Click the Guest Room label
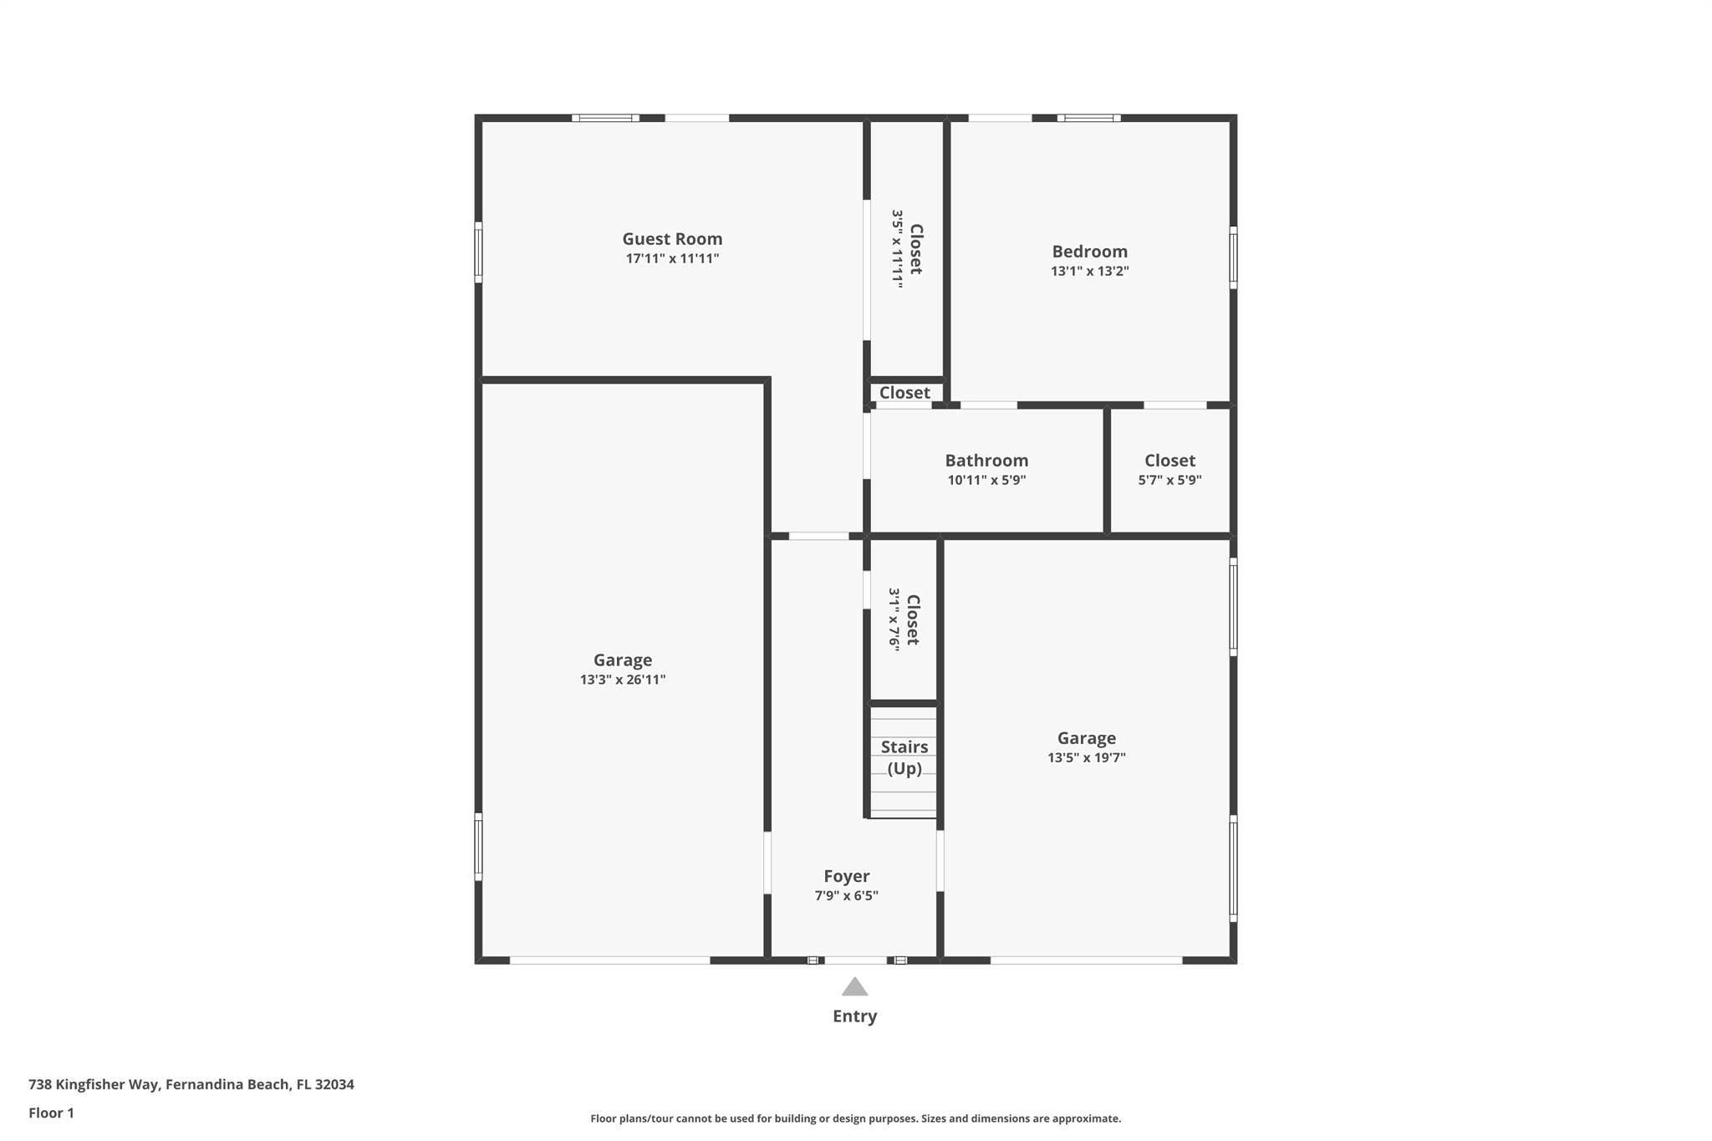(x=672, y=239)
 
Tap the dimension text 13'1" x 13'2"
(x=1089, y=271)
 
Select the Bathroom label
(x=986, y=461)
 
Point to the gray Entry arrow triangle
(x=854, y=988)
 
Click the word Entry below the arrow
(x=854, y=1016)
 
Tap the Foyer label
(x=846, y=876)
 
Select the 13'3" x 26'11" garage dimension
(x=623, y=680)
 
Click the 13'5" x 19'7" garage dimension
(x=1086, y=758)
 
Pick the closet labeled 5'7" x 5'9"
(x=1169, y=470)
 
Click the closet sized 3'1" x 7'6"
(x=904, y=619)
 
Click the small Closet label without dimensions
(x=904, y=393)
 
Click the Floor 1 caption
(x=51, y=1113)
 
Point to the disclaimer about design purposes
(x=855, y=1118)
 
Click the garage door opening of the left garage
(x=609, y=960)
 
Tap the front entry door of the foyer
(x=855, y=960)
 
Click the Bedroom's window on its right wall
(x=1233, y=257)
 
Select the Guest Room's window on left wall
(x=478, y=252)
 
